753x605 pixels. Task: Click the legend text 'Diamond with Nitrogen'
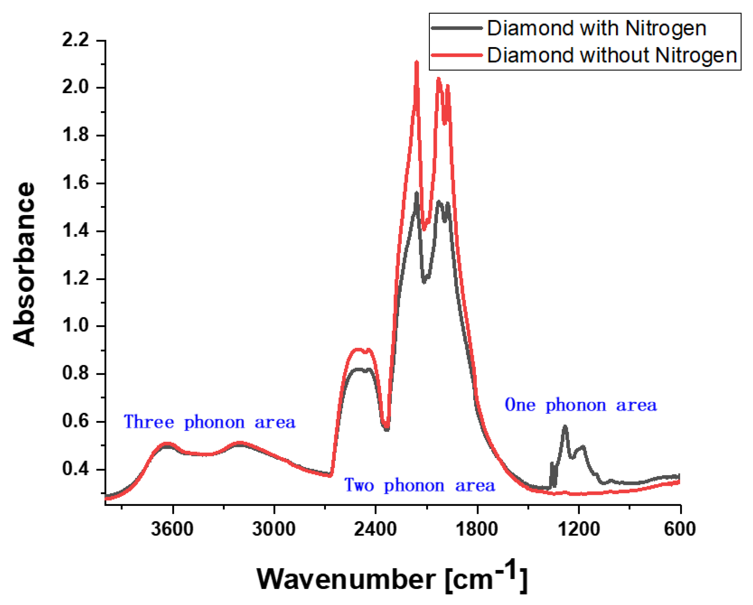597,28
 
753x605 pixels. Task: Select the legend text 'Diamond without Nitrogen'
612,55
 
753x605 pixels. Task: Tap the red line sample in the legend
457,55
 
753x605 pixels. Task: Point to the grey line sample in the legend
457,28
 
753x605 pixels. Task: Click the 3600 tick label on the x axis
172,529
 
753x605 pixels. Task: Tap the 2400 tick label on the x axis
375,529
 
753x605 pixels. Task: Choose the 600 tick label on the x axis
680,529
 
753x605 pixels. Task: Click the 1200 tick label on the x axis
579,529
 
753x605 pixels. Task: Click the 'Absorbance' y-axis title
24,264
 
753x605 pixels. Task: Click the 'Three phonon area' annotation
210,422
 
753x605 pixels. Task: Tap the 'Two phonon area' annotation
419,486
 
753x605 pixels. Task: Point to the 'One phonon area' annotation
581,405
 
